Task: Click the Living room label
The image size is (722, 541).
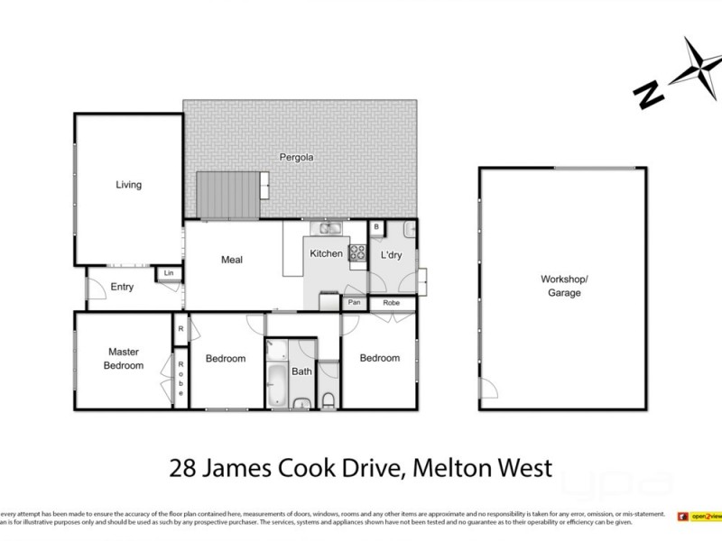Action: click(128, 185)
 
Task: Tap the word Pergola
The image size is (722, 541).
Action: click(295, 157)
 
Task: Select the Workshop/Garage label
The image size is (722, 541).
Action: click(563, 285)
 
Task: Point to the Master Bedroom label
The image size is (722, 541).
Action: click(122, 358)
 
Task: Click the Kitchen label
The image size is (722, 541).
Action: click(326, 253)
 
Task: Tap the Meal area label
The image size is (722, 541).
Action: click(232, 260)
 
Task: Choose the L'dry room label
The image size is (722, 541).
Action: click(391, 255)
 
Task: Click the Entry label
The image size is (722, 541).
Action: click(122, 288)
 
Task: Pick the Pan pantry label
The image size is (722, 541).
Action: click(354, 303)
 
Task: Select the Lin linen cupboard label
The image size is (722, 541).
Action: click(167, 273)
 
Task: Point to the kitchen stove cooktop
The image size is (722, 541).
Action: click(357, 253)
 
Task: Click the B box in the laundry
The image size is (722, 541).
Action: click(376, 227)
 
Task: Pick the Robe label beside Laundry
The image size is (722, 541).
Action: click(391, 303)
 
